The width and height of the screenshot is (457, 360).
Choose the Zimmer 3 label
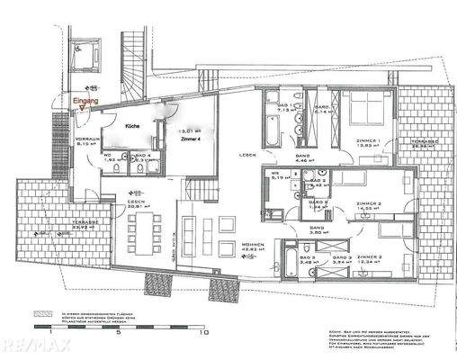point(369,258)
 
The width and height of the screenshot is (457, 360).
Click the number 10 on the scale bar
point(206,332)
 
